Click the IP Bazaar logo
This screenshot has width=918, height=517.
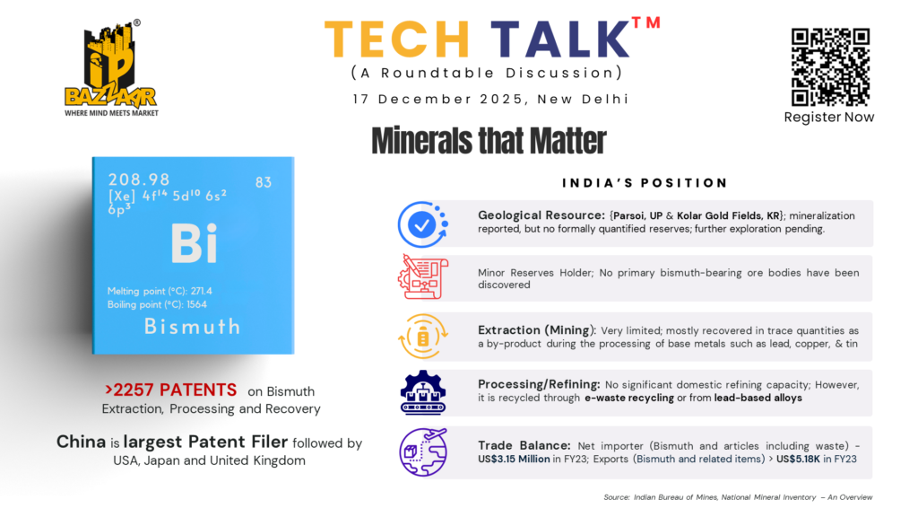click(x=111, y=68)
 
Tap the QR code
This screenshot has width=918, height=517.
click(x=830, y=66)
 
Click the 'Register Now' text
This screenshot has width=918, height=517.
click(x=829, y=118)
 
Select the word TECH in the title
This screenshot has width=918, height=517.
click(x=397, y=39)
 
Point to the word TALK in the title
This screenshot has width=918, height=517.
click(x=559, y=39)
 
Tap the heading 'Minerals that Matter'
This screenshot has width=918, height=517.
click(x=489, y=141)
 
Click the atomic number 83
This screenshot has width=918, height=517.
click(x=264, y=182)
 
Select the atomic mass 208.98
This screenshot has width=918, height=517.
click(x=139, y=180)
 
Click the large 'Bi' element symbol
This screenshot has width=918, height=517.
click(x=195, y=243)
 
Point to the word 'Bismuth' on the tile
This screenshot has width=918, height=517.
click(x=192, y=327)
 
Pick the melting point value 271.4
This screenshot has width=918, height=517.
click(x=202, y=291)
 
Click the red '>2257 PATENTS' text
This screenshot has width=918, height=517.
click(x=171, y=390)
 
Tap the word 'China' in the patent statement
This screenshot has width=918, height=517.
click(x=81, y=442)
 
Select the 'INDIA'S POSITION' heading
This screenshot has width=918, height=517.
click(x=645, y=183)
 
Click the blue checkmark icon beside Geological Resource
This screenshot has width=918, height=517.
click(x=423, y=223)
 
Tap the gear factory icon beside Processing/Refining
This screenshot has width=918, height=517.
click(x=423, y=393)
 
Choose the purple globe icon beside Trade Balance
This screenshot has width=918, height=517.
click(x=423, y=452)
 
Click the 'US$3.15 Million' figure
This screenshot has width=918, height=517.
click(x=514, y=459)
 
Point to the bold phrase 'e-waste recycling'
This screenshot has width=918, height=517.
click(x=629, y=398)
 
